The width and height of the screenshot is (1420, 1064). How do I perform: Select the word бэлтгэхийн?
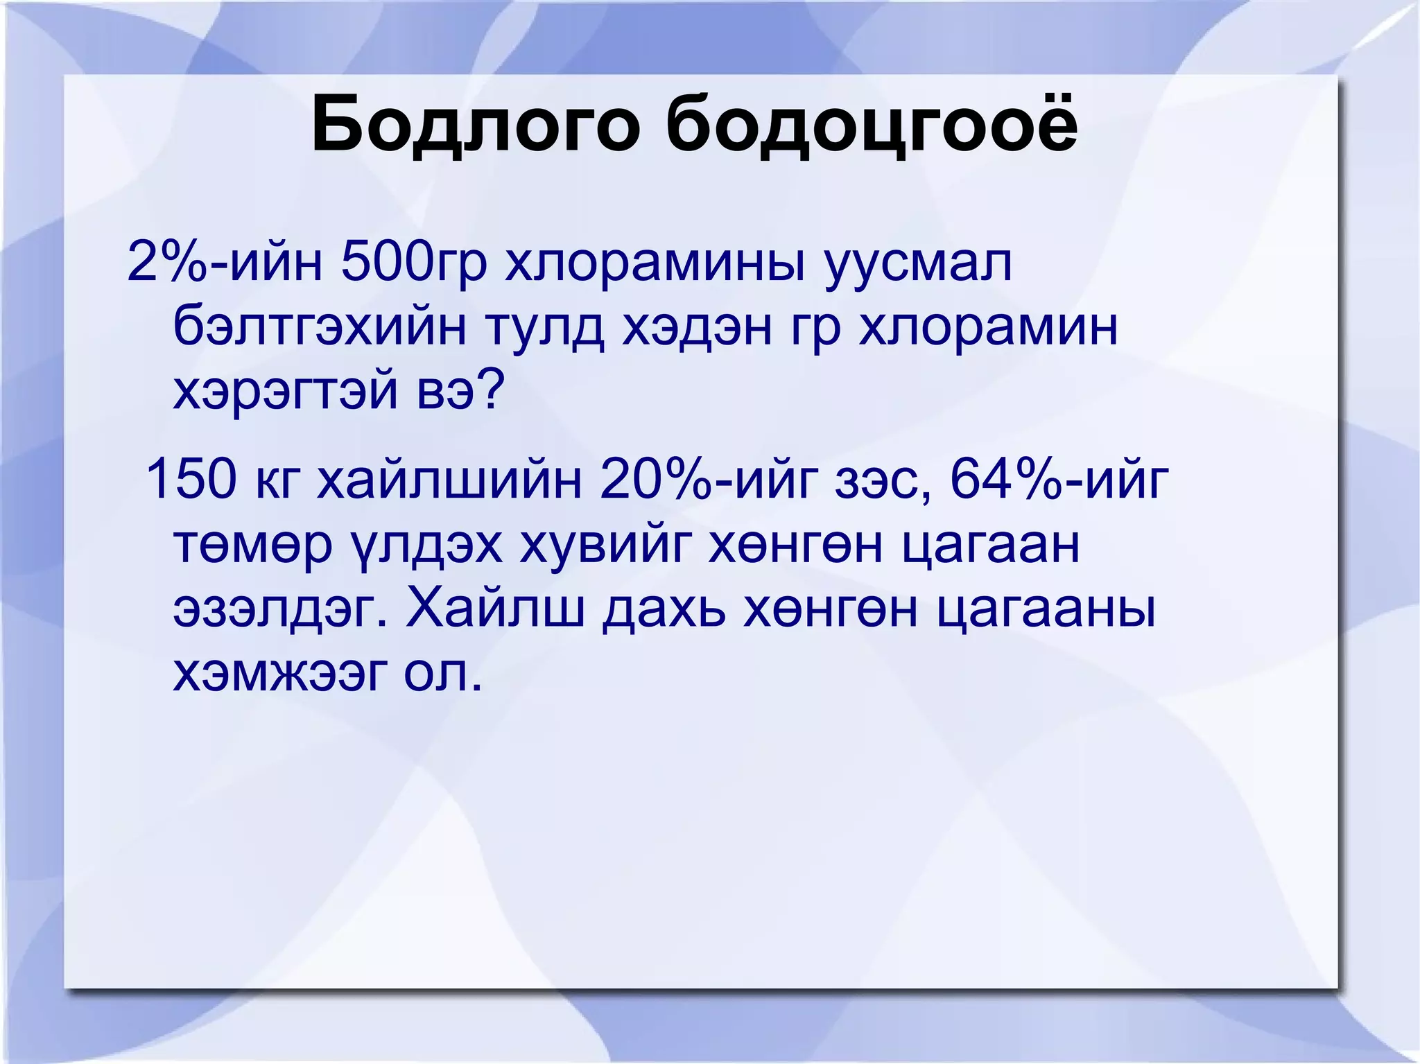[320, 328]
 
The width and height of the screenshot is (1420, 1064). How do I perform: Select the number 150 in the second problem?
[191, 480]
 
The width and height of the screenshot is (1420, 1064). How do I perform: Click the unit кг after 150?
[278, 480]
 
